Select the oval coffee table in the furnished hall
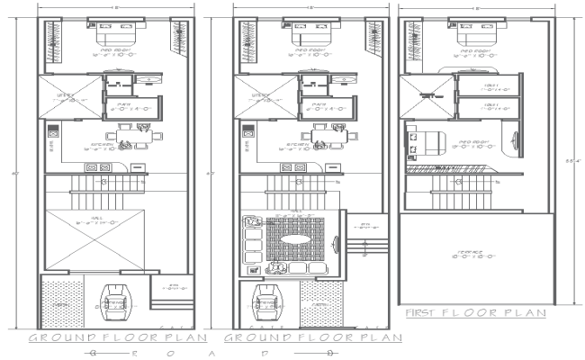(296, 241)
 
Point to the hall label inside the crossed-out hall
(98, 220)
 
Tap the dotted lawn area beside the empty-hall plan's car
(62, 302)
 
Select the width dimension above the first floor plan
(474, 8)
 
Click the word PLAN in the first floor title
(526, 313)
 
